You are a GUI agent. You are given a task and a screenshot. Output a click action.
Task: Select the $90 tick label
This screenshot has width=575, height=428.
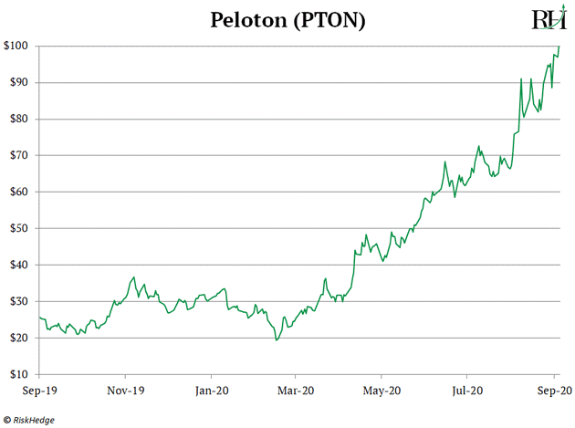click(19, 82)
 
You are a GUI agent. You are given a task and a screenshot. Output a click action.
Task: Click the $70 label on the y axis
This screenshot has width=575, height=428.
click(19, 155)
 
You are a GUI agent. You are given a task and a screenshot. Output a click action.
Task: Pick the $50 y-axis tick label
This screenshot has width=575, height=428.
click(19, 228)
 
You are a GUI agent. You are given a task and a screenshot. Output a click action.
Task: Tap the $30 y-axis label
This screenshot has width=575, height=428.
click(19, 301)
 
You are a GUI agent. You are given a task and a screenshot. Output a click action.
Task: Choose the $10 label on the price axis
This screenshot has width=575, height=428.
click(19, 374)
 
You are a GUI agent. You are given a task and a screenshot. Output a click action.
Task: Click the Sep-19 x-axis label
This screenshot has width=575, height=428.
click(39, 390)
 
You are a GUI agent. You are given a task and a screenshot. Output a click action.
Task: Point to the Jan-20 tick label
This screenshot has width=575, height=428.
click(211, 390)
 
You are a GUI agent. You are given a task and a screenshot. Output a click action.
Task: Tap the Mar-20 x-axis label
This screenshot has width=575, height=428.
click(296, 390)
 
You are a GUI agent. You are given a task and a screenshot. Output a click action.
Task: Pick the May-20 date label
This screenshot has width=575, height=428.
click(382, 390)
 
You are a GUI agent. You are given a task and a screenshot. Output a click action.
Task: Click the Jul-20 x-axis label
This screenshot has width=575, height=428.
click(466, 390)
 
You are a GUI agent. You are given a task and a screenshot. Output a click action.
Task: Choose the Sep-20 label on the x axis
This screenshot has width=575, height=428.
click(553, 390)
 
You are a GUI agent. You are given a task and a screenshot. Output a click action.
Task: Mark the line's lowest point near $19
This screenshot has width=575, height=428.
click(276, 340)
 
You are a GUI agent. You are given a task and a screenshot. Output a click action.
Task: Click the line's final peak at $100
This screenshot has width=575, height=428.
click(559, 46)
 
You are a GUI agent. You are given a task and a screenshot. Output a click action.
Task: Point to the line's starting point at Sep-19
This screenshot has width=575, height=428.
click(39, 318)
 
